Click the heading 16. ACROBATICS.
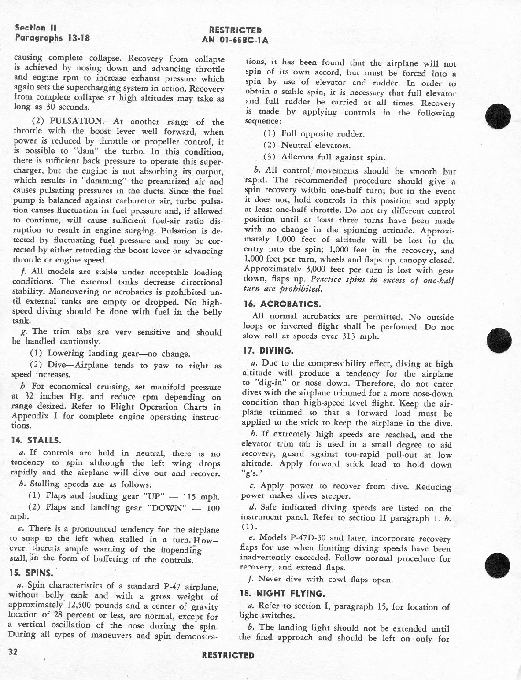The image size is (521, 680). pyautogui.click(x=281, y=304)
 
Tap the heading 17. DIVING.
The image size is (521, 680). pyautogui.click(x=269, y=351)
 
